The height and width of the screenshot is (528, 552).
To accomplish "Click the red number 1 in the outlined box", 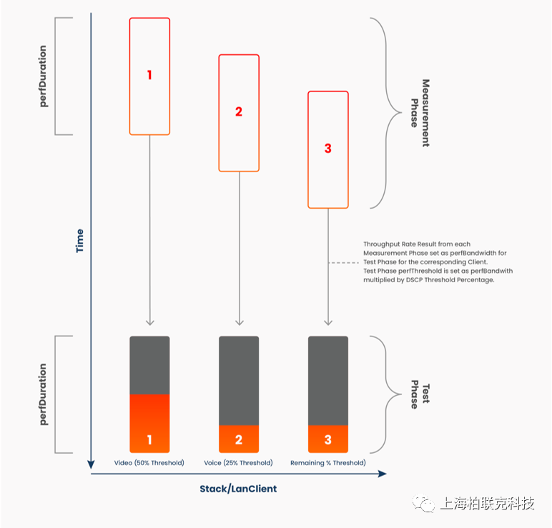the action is click(x=149, y=75).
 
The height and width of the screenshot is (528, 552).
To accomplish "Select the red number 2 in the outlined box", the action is click(x=239, y=111).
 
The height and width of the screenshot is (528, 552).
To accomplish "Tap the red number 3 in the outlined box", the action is click(x=327, y=148).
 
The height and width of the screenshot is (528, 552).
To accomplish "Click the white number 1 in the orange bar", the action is click(x=149, y=439).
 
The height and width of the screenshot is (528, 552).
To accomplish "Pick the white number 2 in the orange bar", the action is click(x=239, y=439).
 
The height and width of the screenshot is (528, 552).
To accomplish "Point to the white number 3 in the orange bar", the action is click(x=327, y=439).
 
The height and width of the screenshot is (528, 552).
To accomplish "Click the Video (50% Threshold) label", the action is click(x=149, y=462).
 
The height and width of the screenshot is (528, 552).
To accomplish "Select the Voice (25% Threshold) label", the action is click(x=238, y=462).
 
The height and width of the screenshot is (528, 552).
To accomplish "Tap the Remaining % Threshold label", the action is click(x=327, y=462).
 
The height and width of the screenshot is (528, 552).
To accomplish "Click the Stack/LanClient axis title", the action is click(x=238, y=489).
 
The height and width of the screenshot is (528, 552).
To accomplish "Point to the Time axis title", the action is click(x=80, y=241).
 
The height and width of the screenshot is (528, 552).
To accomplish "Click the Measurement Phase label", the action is click(x=420, y=113).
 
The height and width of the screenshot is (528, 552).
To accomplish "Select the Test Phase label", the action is click(x=420, y=394).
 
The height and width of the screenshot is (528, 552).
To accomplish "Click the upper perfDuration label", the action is click(x=43, y=76).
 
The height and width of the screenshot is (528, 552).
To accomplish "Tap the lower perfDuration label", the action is click(x=43, y=394).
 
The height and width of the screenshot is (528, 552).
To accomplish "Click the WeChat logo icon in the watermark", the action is click(x=424, y=503).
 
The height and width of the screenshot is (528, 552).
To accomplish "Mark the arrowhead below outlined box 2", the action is click(x=240, y=322).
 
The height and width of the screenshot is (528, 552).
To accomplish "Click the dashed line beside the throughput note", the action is click(x=344, y=262).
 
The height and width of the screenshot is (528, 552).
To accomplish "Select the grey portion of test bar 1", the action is click(x=149, y=365).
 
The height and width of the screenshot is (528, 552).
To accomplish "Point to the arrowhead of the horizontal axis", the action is click(x=383, y=474).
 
